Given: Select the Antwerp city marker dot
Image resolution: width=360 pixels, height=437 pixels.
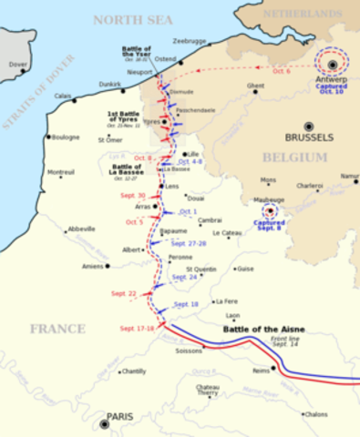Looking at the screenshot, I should pos(333,64).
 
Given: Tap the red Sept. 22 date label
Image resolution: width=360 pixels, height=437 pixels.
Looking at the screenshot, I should pos(124,293).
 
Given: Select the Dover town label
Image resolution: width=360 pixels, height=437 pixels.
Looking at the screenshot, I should pos(17,65).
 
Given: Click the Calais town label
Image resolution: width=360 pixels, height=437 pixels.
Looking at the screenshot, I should pos(63,96).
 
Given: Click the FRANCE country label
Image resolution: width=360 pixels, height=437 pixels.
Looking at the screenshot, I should pos(57,328).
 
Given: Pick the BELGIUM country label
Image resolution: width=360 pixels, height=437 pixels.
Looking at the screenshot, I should pos(296,158).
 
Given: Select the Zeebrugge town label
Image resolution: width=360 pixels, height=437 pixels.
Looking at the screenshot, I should pos(190,41).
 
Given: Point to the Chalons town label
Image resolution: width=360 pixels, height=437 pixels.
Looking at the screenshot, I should pos(315,413).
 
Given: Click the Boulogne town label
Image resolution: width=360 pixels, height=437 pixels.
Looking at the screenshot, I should pos(65,137).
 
